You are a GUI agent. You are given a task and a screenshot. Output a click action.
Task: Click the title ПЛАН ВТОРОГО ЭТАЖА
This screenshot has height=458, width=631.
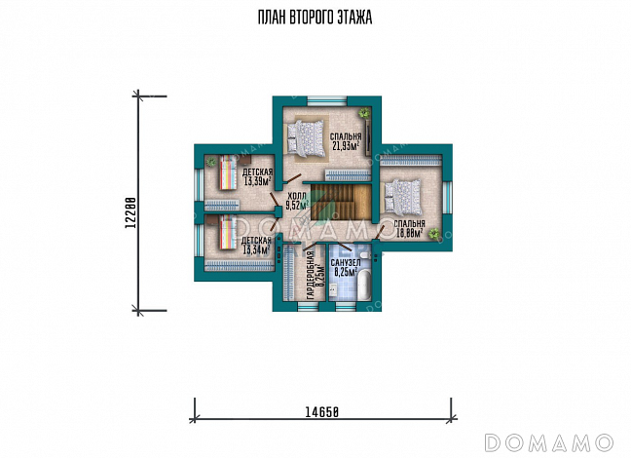click(x=315, y=18)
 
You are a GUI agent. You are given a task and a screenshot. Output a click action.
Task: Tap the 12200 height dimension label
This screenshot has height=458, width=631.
click(x=130, y=212)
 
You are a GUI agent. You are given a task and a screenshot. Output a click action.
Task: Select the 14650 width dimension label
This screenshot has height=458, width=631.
click(x=322, y=412)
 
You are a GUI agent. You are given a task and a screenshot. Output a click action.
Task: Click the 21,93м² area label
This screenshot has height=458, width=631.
click(x=346, y=146)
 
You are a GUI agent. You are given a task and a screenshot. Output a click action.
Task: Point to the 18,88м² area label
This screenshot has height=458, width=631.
click(x=409, y=233)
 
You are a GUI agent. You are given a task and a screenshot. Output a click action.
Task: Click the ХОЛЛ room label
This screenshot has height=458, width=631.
click(x=297, y=197)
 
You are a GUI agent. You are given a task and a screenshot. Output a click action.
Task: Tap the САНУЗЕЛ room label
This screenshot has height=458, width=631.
click(x=346, y=263)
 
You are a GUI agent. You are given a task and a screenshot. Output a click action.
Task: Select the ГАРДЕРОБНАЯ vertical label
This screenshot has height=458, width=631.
click(x=310, y=275)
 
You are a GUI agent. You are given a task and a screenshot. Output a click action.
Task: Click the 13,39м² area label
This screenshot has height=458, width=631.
click(x=257, y=181)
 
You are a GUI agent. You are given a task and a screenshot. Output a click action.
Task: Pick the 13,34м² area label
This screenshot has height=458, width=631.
click(x=256, y=250)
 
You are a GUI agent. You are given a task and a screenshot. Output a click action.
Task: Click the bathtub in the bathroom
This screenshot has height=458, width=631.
click(x=364, y=285)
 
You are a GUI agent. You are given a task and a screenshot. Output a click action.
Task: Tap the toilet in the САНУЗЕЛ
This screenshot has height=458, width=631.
click(x=364, y=256)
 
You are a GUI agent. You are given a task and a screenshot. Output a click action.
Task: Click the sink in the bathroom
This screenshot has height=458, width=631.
click(x=334, y=287)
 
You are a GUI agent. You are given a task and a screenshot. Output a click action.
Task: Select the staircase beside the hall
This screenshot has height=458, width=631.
click(x=341, y=202)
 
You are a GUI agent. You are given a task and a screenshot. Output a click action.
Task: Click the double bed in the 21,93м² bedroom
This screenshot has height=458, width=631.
click(x=306, y=138)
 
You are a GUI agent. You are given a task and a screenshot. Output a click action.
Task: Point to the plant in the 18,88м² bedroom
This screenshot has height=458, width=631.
click(x=434, y=234)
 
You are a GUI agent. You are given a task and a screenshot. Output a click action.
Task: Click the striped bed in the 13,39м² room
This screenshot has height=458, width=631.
click(x=227, y=172)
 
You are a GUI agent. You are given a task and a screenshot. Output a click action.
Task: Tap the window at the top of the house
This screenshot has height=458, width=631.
click(x=327, y=100)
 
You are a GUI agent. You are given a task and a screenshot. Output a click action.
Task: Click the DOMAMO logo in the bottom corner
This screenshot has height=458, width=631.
click(x=548, y=442)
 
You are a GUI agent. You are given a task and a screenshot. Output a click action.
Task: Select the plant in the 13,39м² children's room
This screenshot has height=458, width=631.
click(x=211, y=162)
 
